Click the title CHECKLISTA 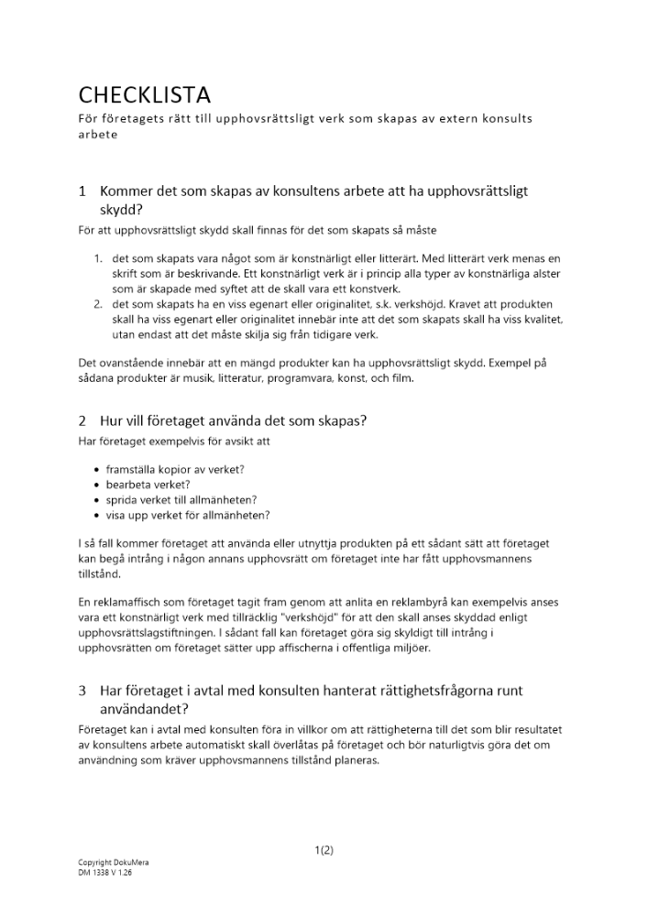pyautogui.click(x=144, y=94)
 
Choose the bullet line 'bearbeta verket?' pyautogui.click(x=148, y=484)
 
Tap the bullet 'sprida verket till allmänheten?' pyautogui.click(x=181, y=499)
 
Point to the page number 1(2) pyautogui.click(x=324, y=849)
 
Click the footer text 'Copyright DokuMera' pyautogui.click(x=114, y=863)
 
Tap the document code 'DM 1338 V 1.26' pyautogui.click(x=106, y=873)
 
